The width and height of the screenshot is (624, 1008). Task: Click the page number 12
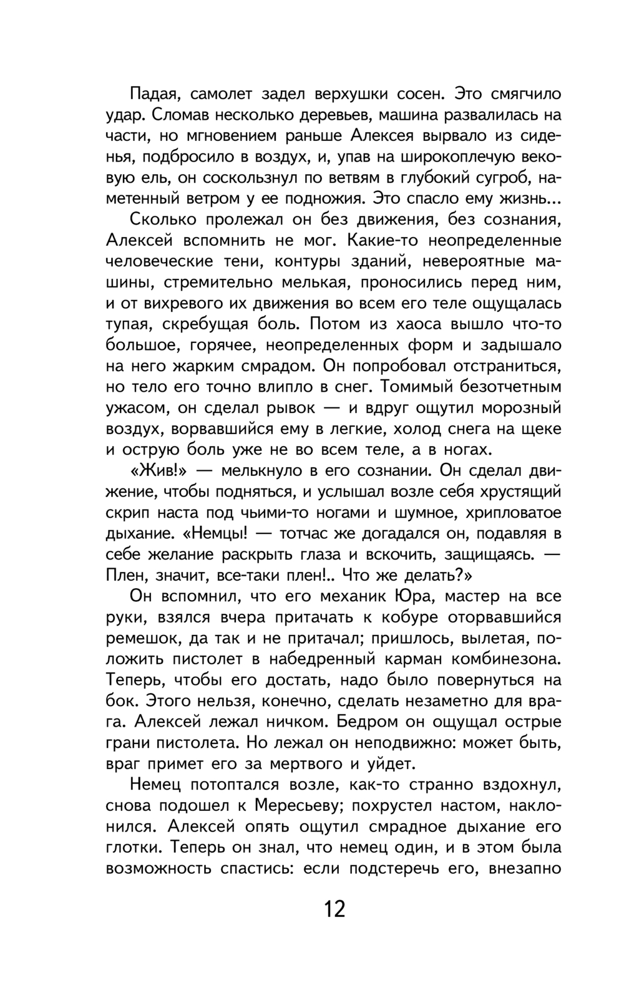click(334, 909)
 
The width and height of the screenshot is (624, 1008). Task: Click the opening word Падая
click(155, 94)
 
